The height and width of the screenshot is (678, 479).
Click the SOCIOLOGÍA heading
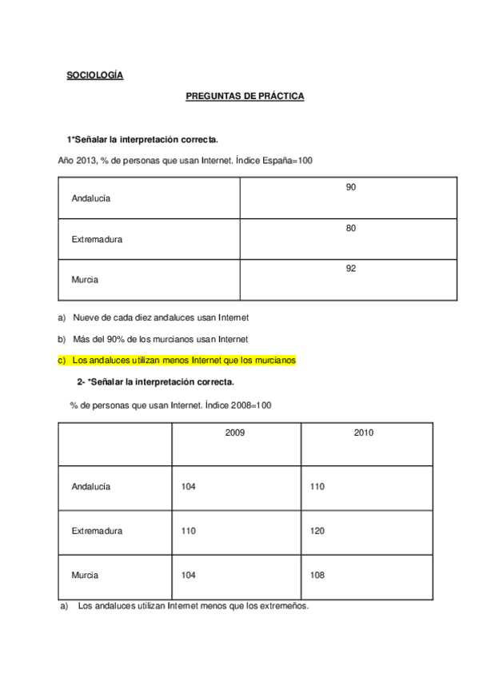click(94, 76)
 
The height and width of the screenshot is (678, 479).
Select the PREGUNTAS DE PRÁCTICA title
click(245, 96)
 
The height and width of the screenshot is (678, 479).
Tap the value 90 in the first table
click(350, 187)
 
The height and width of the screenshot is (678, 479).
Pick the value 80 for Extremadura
click(350, 228)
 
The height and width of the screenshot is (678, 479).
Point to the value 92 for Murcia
click(350, 269)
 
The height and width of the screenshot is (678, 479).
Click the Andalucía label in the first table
click(91, 198)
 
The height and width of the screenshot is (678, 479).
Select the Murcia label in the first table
click(85, 280)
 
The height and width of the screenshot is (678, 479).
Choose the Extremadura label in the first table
click(97, 239)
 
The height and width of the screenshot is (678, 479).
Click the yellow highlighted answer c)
click(177, 360)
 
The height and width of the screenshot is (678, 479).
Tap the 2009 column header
click(235, 433)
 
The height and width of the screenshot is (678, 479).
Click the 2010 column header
click(364, 433)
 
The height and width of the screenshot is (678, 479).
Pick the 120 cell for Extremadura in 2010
click(317, 531)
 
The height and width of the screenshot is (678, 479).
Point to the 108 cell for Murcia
click(317, 575)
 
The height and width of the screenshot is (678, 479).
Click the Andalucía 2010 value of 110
click(317, 486)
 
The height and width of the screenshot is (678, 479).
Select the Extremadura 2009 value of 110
click(189, 531)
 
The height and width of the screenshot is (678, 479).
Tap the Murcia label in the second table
click(85, 575)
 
